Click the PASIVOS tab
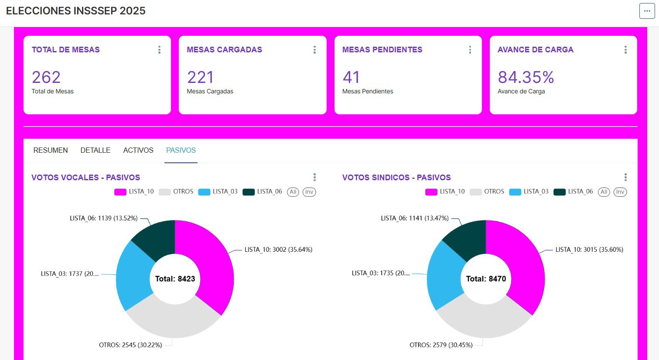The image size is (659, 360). [x=181, y=150]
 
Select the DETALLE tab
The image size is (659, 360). [x=95, y=150]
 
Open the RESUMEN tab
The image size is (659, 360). [x=51, y=150]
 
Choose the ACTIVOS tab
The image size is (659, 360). [x=138, y=150]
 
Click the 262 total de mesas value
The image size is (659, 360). [x=46, y=77]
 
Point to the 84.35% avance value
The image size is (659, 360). [x=526, y=77]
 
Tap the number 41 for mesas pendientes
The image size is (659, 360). [x=351, y=77]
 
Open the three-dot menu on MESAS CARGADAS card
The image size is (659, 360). [x=314, y=50]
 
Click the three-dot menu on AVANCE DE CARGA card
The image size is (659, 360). [x=625, y=50]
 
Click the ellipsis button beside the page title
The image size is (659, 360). [x=647, y=11]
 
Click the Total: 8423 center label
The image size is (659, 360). [x=175, y=279]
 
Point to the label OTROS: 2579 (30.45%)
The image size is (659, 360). [x=441, y=345]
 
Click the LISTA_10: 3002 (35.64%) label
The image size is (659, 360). [x=278, y=250]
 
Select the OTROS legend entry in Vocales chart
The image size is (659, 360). [x=177, y=192]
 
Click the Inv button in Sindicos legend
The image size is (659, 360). [x=620, y=192]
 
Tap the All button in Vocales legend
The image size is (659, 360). [x=293, y=192]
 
